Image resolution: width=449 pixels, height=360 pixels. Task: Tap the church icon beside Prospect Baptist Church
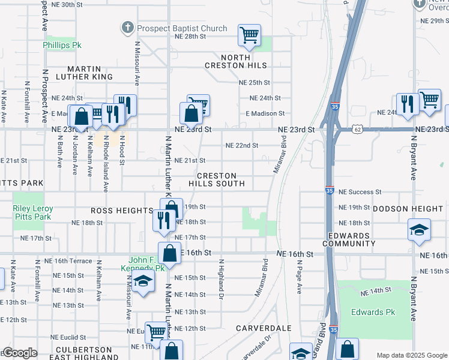click(127, 28)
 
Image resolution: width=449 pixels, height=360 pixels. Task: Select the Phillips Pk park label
click(62, 45)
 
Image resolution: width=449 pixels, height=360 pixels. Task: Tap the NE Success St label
click(360, 192)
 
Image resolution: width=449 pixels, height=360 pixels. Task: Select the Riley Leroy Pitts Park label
click(33, 212)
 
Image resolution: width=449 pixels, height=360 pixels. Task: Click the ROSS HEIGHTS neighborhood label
click(122, 211)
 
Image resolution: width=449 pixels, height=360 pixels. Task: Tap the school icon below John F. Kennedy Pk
click(143, 282)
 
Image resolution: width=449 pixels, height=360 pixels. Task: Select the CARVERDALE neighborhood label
click(264, 328)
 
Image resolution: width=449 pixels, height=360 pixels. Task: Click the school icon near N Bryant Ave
click(419, 229)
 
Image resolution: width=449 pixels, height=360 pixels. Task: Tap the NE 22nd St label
click(241, 145)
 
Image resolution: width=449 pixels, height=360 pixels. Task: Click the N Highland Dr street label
click(221, 280)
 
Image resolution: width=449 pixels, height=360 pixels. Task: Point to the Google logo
click(20, 353)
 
